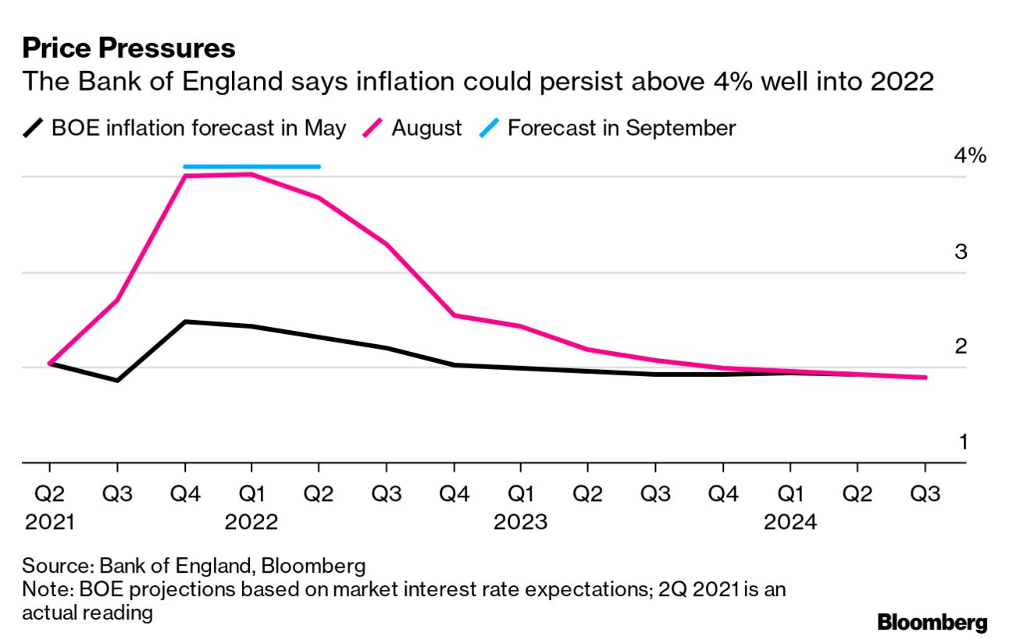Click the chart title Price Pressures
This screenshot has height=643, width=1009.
click(128, 48)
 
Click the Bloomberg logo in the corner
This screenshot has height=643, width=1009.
click(932, 623)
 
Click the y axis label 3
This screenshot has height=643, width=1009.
click(961, 252)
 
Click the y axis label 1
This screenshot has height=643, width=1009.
click(963, 442)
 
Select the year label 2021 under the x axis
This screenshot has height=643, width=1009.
click(49, 522)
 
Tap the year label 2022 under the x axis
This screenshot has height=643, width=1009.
click(251, 522)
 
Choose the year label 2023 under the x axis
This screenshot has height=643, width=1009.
click(520, 522)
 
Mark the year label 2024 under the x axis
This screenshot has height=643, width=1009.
click(790, 522)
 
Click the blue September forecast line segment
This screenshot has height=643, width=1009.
click(251, 166)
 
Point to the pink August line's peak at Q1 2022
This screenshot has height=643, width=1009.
click(251, 174)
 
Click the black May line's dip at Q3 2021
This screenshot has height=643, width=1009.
click(117, 380)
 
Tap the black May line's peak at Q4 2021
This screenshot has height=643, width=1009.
click(184, 321)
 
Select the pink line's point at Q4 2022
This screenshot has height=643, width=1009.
click(454, 315)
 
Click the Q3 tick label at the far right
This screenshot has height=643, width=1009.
click(925, 494)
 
